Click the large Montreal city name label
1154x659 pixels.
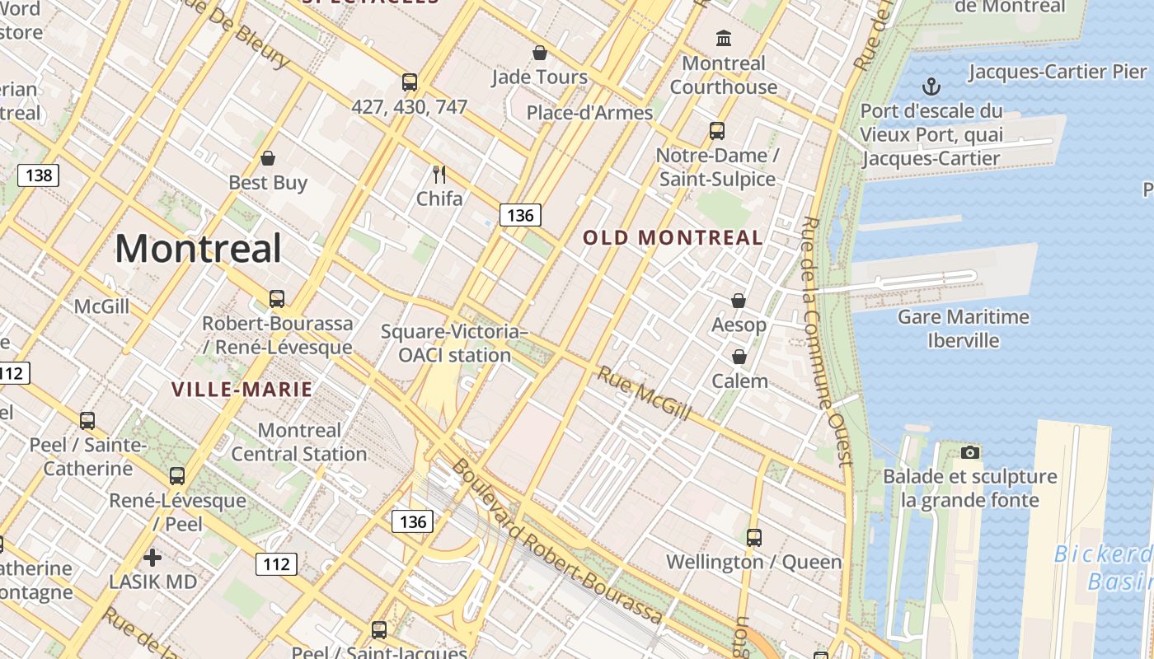(x=198, y=248)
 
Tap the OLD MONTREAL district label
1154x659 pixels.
(x=673, y=238)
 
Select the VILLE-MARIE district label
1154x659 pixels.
(x=242, y=390)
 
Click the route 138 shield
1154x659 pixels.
(x=39, y=175)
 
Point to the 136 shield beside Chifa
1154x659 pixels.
(x=520, y=215)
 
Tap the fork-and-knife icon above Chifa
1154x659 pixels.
(x=439, y=174)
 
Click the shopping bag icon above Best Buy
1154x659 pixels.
(x=268, y=158)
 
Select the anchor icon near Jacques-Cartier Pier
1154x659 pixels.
(x=931, y=86)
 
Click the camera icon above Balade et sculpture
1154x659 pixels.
(x=970, y=452)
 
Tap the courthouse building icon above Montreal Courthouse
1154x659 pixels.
(x=724, y=38)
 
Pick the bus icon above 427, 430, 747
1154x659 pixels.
(x=410, y=82)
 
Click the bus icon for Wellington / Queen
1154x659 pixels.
(x=753, y=538)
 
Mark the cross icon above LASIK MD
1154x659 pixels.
(x=152, y=558)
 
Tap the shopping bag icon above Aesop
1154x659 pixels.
(x=739, y=301)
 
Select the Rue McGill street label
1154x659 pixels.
(x=644, y=393)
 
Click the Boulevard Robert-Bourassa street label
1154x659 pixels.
(x=557, y=541)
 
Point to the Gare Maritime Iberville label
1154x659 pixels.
(x=963, y=329)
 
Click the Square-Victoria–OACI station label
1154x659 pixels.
(x=454, y=344)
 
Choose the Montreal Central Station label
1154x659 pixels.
(x=298, y=442)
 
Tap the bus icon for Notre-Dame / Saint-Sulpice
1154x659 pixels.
(x=717, y=130)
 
